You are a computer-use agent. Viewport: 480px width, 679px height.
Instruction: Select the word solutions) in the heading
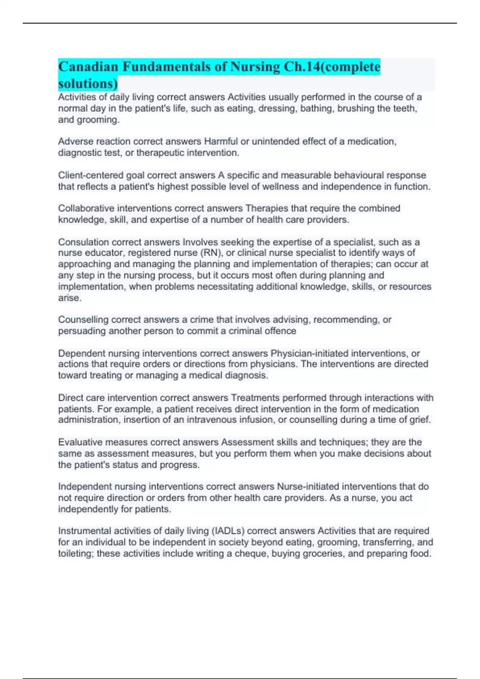point(88,84)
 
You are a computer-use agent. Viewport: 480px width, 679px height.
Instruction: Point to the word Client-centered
point(91,175)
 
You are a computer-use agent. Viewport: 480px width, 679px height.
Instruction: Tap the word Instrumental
point(84,531)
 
